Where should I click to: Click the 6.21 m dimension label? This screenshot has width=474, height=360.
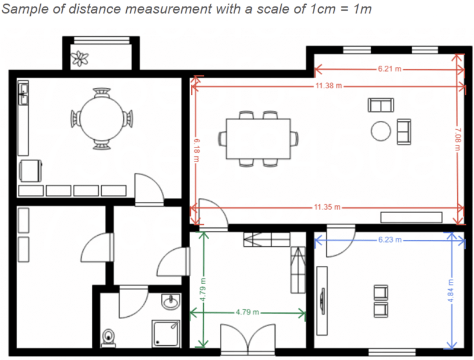[389, 69]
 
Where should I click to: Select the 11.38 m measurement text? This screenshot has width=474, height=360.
[328, 86]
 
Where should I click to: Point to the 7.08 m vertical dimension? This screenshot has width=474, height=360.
[457, 140]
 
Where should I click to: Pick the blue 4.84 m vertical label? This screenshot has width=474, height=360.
[451, 290]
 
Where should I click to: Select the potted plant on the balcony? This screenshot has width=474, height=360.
[79, 58]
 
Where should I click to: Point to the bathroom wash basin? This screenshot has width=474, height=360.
[171, 301]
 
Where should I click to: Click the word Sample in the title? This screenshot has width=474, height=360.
[23, 11]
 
